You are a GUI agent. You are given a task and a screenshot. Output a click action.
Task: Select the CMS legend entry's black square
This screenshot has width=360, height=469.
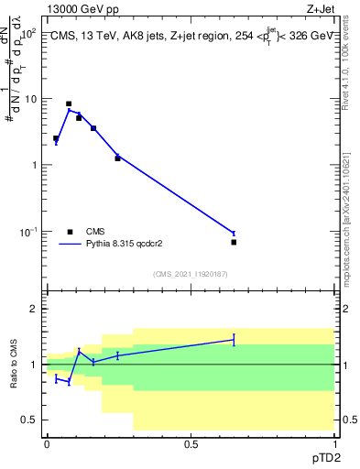tap(70, 232)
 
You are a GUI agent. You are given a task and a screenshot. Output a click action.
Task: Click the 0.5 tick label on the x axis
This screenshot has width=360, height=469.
tap(191, 443)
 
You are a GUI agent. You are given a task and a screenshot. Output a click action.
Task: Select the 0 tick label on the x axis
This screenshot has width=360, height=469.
tap(47, 443)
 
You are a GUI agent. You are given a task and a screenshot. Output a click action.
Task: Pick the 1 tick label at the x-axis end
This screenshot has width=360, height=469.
tap(334, 443)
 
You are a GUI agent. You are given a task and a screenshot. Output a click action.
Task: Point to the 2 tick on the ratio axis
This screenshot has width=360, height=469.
tap(34, 309)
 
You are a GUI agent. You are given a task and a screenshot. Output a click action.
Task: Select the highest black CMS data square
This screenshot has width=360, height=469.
tap(69, 104)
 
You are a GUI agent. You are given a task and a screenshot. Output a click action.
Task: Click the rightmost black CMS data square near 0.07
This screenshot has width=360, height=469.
tap(234, 242)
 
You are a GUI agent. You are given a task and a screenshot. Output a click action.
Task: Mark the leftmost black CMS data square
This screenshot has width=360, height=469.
tap(56, 138)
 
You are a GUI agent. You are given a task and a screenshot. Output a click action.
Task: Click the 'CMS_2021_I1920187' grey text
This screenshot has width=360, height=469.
tap(191, 273)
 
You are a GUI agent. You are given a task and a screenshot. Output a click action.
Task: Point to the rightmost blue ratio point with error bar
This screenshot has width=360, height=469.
tap(234, 340)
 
